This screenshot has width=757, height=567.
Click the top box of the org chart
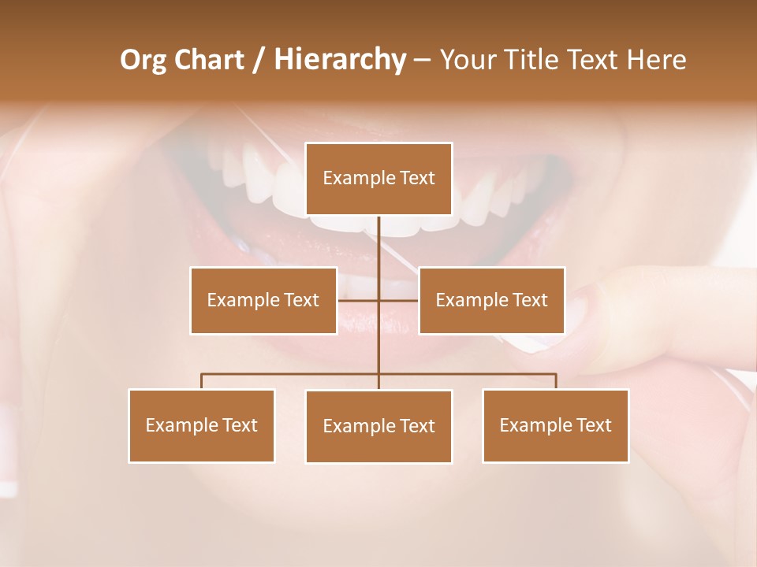[378, 179]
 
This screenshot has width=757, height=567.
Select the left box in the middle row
[263, 300]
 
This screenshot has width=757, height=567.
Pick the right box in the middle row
[491, 300]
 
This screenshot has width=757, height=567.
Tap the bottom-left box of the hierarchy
[201, 425]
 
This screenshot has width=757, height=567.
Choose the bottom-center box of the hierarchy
[378, 426]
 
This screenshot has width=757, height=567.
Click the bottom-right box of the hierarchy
[555, 425]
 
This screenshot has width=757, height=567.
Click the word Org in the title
[143, 60]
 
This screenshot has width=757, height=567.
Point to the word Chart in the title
[209, 60]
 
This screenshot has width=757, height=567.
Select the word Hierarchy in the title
[339, 60]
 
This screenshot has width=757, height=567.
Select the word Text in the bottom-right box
[595, 425]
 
